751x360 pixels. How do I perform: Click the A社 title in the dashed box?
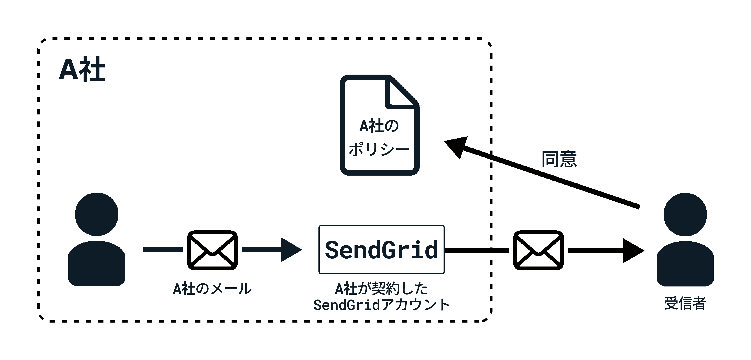click(x=82, y=69)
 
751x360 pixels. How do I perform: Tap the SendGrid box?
click(x=381, y=249)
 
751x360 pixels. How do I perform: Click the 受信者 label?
click(x=685, y=303)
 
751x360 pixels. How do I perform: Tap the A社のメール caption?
click(x=212, y=289)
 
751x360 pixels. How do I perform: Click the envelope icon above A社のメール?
click(x=212, y=250)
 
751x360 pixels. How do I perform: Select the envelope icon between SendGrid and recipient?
click(x=538, y=250)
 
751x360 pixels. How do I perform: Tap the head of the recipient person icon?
click(x=685, y=215)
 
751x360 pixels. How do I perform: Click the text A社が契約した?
click(x=381, y=289)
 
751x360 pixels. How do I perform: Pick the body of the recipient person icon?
click(x=685, y=263)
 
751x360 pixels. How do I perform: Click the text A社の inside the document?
click(x=379, y=126)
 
